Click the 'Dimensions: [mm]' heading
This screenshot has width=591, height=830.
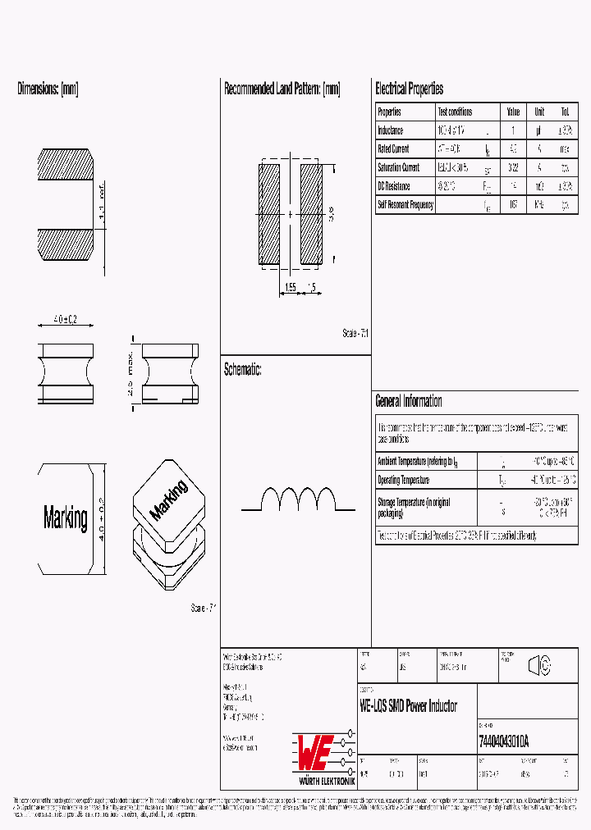point(48,89)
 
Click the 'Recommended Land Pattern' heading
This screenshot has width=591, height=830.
point(282,89)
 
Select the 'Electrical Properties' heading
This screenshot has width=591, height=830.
point(409,89)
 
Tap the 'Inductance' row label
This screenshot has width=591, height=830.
point(391,130)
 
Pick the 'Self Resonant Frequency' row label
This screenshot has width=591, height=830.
point(405,205)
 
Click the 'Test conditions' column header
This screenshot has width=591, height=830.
point(455,112)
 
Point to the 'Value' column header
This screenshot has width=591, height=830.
point(513,112)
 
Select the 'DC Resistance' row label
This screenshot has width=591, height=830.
point(395,186)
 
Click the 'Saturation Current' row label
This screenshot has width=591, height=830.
point(399,167)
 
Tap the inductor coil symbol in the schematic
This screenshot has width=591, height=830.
point(298,499)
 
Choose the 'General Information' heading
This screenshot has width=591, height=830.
point(409,401)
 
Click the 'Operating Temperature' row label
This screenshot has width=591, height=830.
point(403,480)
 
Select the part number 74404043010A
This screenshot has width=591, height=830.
point(503,741)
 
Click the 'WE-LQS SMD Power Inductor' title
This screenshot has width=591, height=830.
point(409,706)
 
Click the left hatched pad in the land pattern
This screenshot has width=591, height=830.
point(270,214)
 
